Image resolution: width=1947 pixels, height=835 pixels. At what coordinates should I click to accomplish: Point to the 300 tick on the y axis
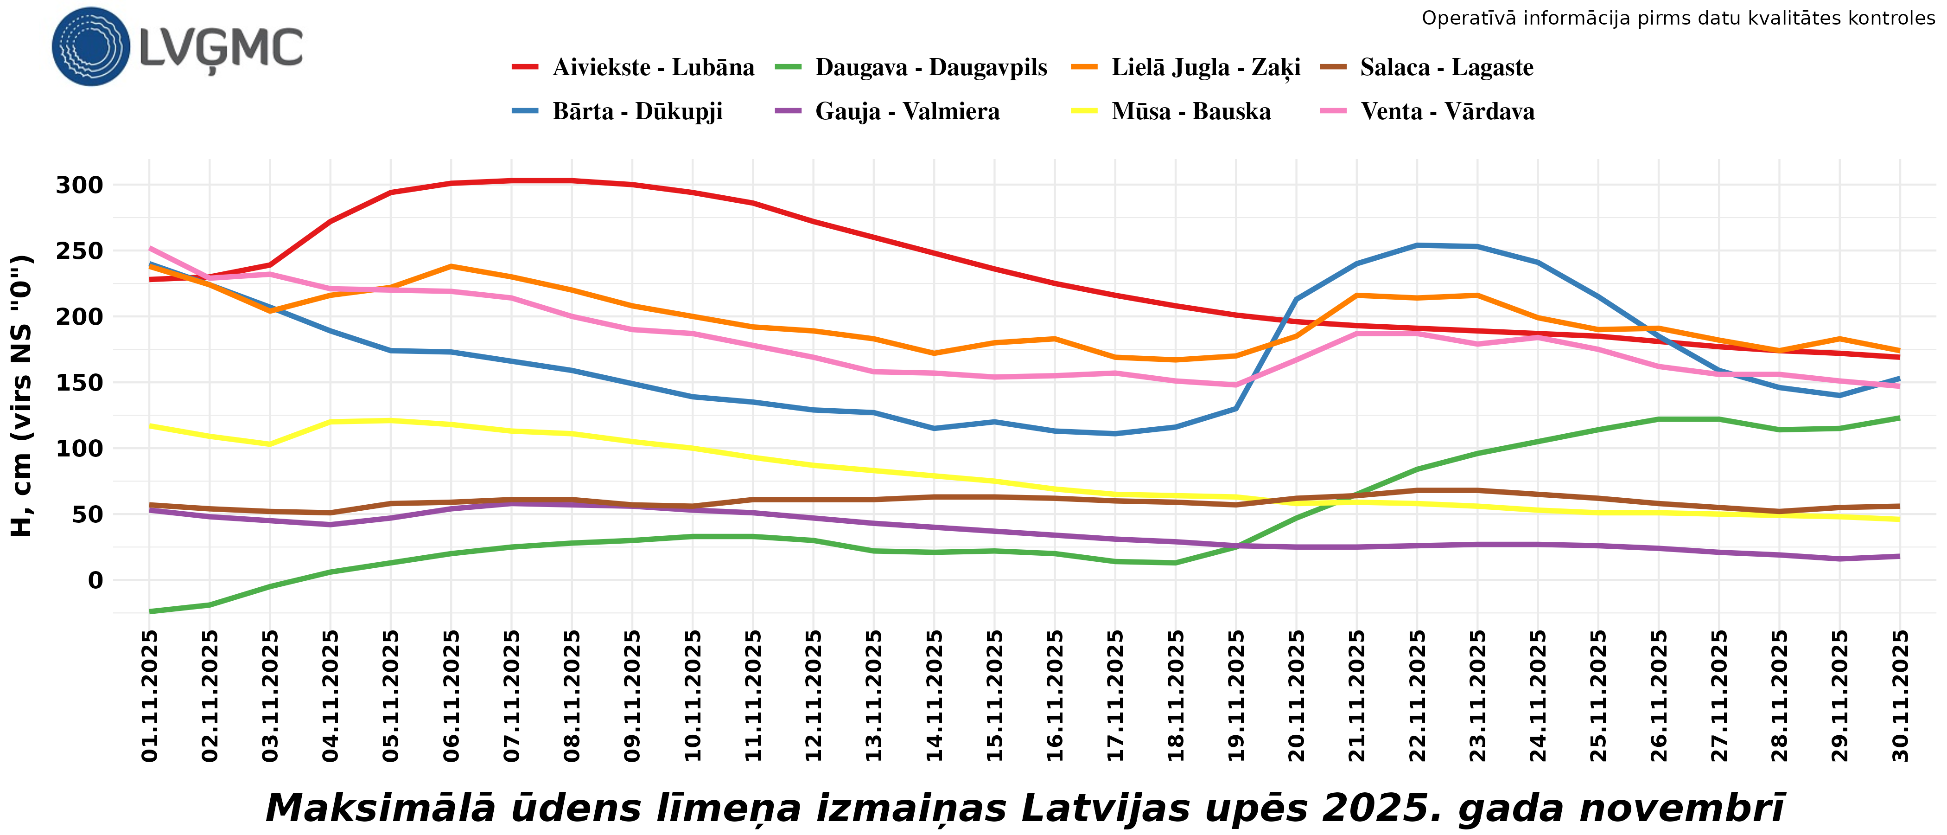click(x=79, y=185)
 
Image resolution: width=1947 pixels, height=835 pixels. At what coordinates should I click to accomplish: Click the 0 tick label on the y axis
click(x=95, y=581)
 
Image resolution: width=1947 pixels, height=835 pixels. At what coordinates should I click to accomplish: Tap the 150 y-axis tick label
click(x=79, y=383)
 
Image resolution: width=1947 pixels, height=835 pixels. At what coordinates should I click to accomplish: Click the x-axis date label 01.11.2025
click(x=150, y=696)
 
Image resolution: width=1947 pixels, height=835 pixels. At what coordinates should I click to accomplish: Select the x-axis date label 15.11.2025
click(x=995, y=696)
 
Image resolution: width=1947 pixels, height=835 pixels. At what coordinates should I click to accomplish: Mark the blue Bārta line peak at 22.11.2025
click(x=1417, y=245)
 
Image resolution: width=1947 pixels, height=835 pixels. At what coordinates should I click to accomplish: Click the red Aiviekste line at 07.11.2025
click(x=512, y=181)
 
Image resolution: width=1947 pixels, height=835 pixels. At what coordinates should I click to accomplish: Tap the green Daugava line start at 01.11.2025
click(x=150, y=611)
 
